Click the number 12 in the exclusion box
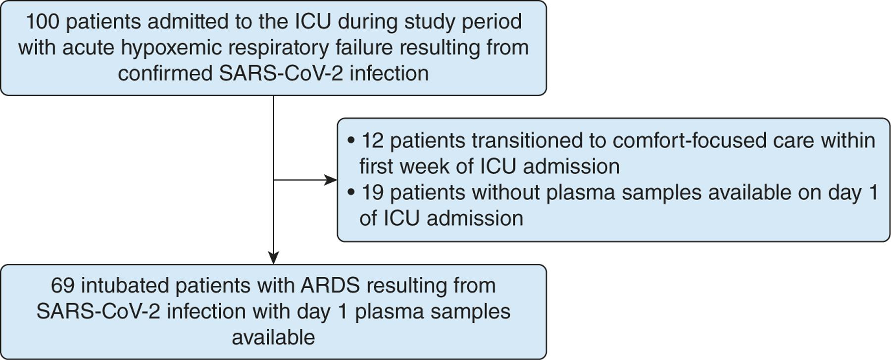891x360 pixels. point(372,141)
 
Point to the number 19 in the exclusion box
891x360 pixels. point(372,192)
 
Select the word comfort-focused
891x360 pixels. point(690,141)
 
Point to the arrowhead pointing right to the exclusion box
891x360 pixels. point(331,180)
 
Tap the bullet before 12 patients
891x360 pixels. point(351,141)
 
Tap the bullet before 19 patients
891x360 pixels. point(351,193)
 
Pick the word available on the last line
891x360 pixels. point(273,337)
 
